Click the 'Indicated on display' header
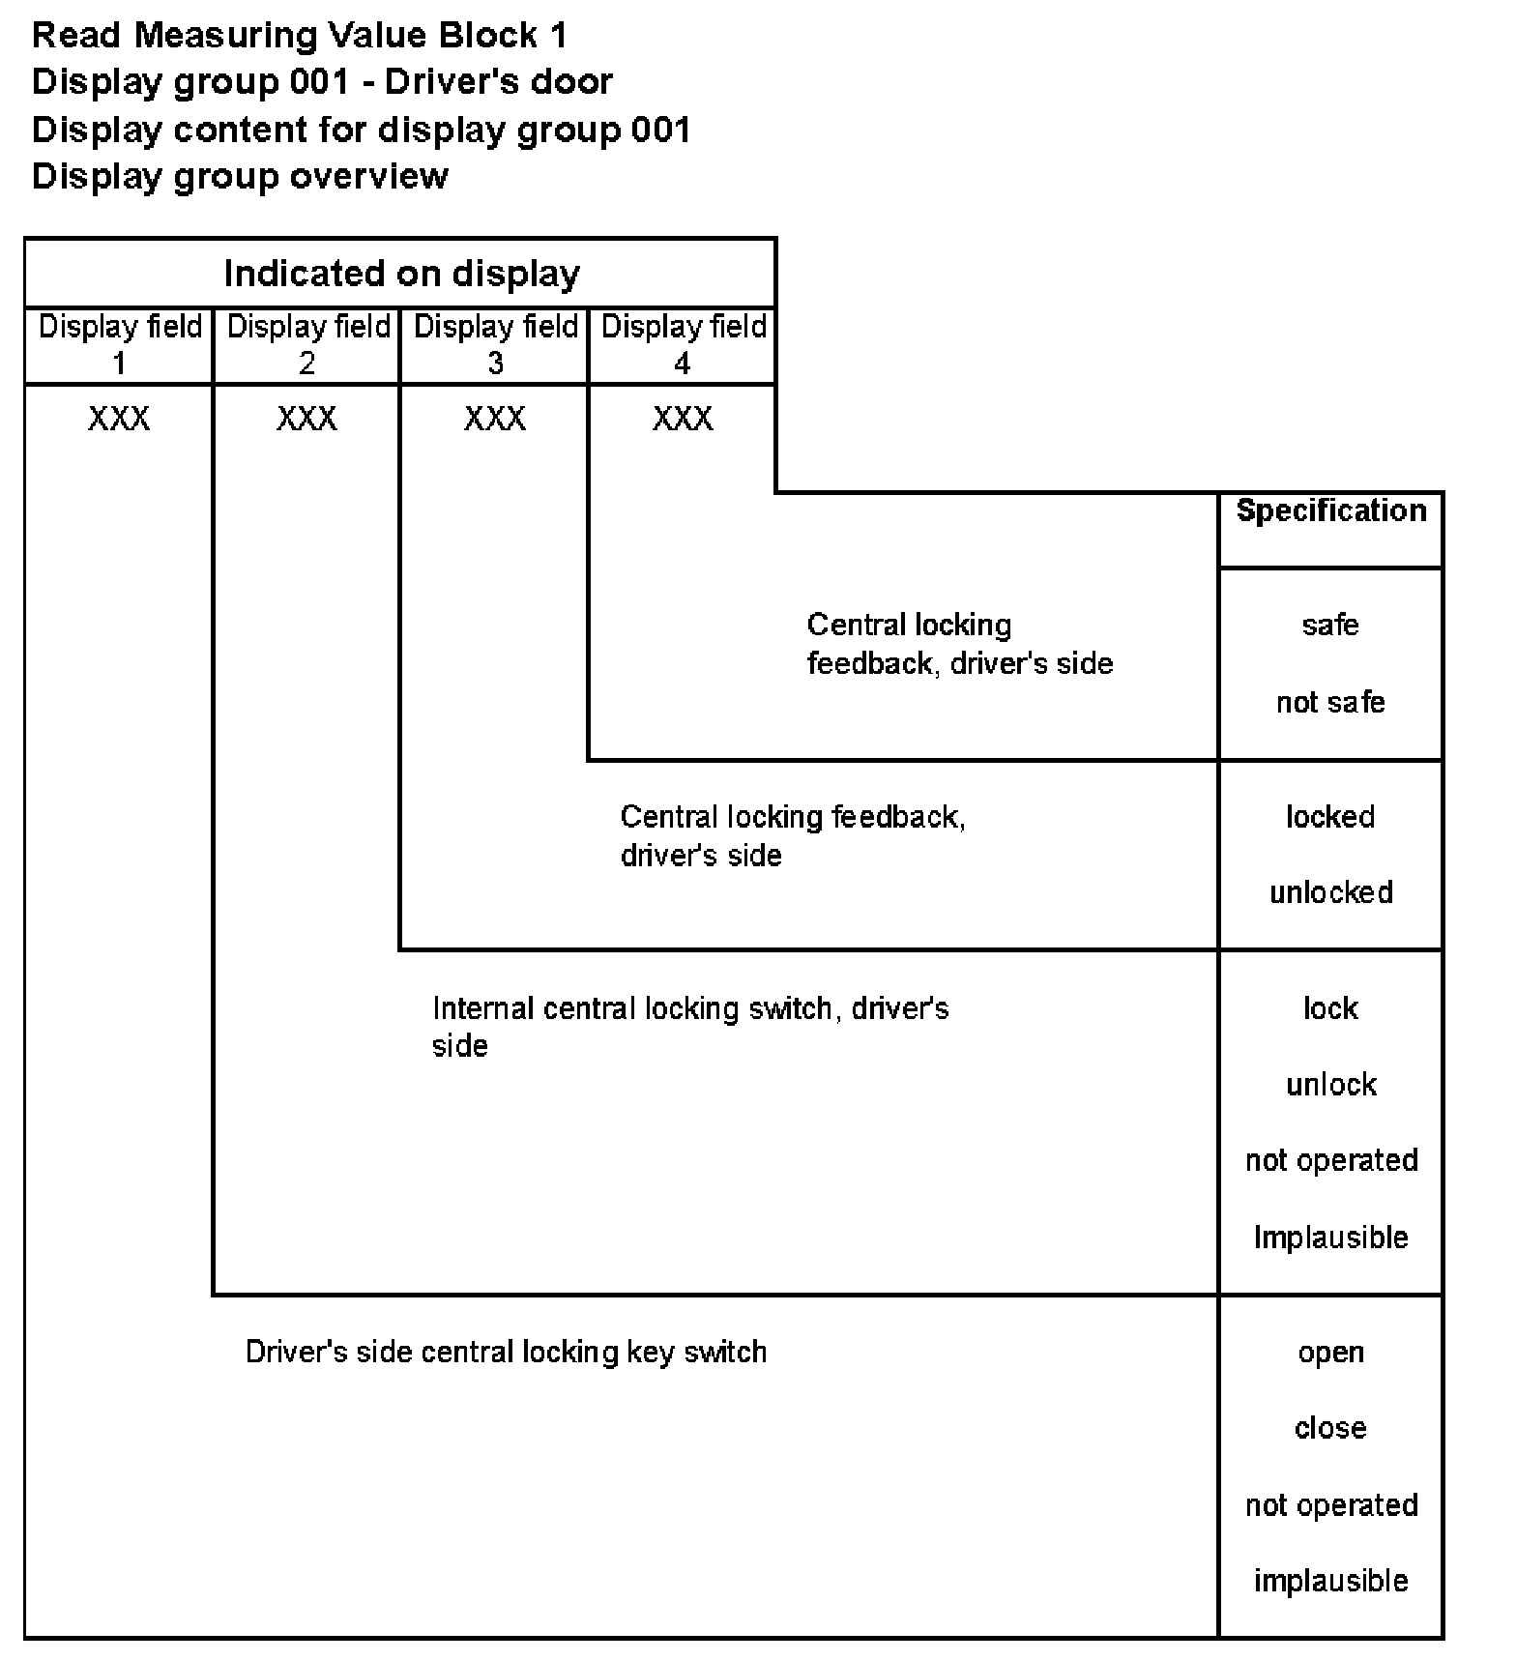click(401, 274)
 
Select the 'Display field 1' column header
click(120, 344)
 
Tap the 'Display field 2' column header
click(307, 344)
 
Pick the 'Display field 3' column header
click(495, 344)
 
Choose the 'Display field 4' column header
click(683, 344)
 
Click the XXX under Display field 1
click(119, 419)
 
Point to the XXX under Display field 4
click(683, 419)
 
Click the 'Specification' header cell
click(1330, 511)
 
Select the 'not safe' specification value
click(1330, 702)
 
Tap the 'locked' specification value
click(1330, 817)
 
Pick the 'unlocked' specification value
click(1330, 892)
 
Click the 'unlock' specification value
click(1330, 1085)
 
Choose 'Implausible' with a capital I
click(1330, 1238)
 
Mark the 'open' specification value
click(1330, 1353)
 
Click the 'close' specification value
click(1330, 1428)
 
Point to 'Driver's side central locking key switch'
click(506, 1352)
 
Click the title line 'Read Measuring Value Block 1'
click(300, 36)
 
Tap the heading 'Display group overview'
click(240, 176)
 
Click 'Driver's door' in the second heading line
click(498, 82)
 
